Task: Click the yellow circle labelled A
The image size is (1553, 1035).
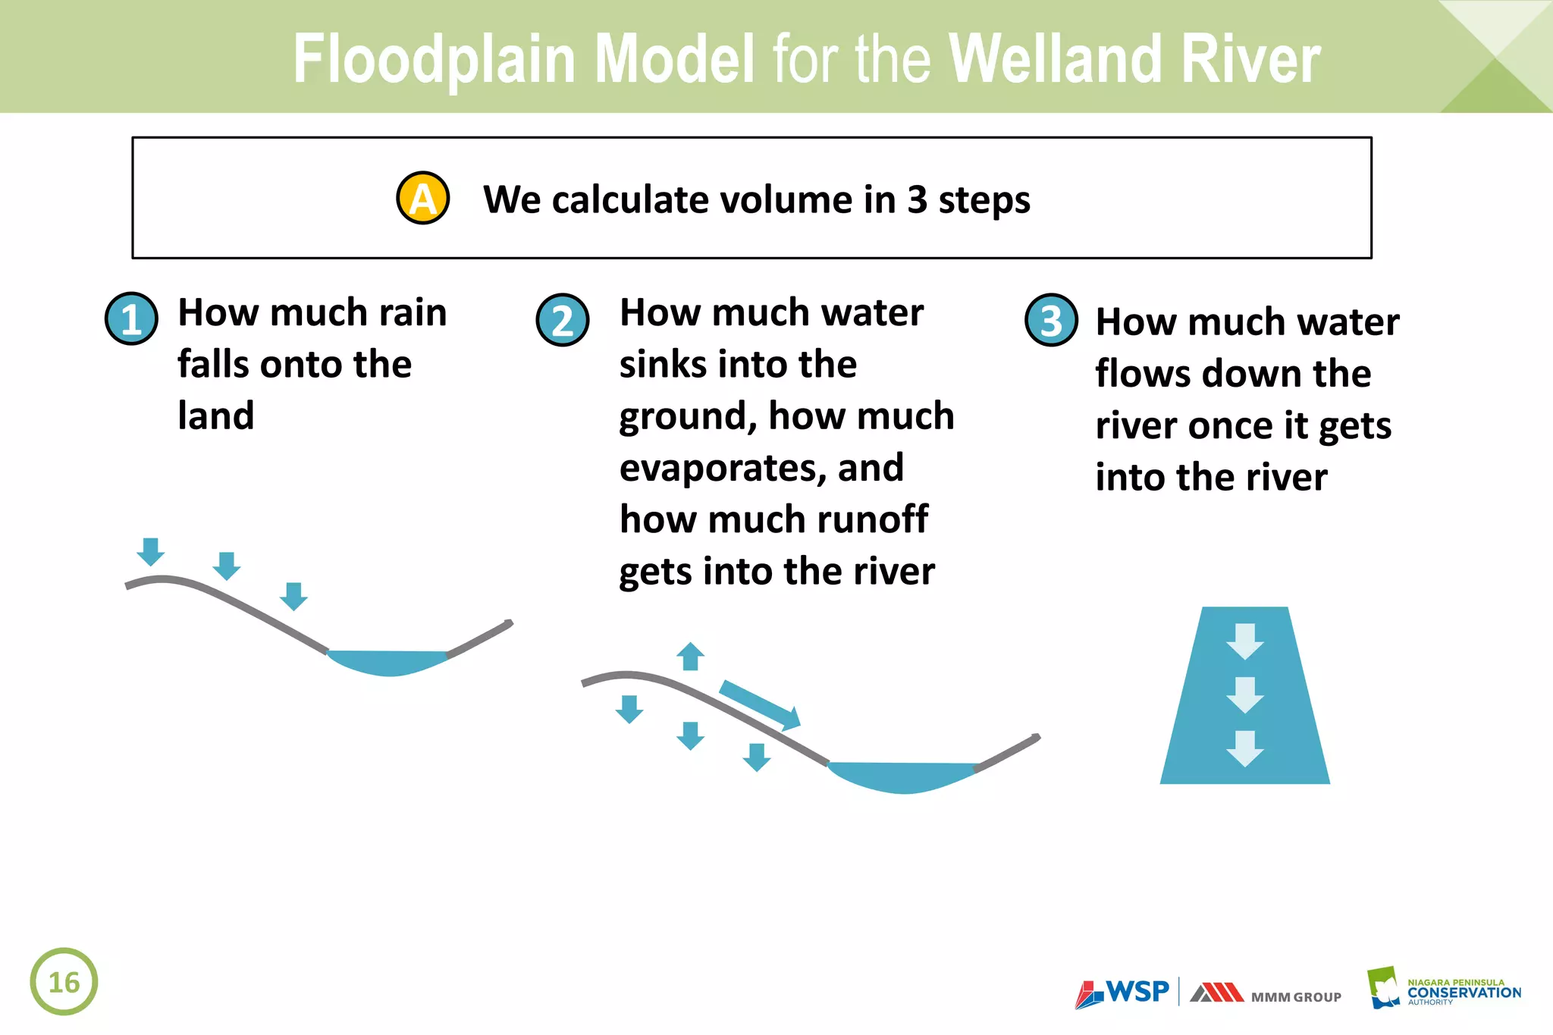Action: click(x=423, y=198)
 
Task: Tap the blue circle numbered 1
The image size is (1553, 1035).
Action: click(x=131, y=318)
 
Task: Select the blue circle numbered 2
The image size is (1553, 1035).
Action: click(x=563, y=320)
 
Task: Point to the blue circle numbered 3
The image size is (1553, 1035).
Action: click(x=1051, y=320)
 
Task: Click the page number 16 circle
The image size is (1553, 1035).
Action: click(x=64, y=981)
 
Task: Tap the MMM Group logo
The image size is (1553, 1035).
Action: click(x=1265, y=994)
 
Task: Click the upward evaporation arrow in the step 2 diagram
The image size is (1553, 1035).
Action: click(x=690, y=656)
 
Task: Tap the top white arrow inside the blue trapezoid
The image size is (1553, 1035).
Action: click(x=1244, y=641)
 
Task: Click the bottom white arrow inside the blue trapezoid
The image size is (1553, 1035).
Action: click(x=1244, y=748)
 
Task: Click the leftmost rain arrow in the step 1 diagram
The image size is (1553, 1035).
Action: click(x=151, y=551)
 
